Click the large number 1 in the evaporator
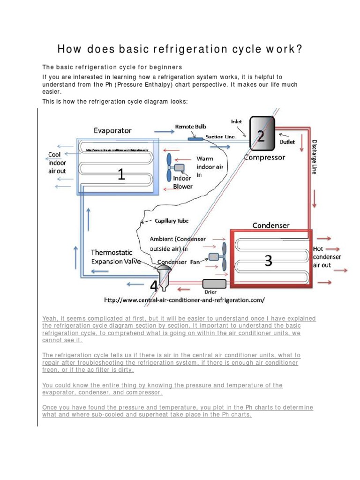(x=121, y=175)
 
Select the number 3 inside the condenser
(x=268, y=261)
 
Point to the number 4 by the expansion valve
(x=153, y=285)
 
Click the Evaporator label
(x=112, y=130)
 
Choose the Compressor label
(x=264, y=157)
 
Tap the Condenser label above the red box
(x=271, y=225)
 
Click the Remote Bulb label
(x=190, y=127)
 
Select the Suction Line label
(x=221, y=137)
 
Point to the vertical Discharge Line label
(x=315, y=157)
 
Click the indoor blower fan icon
(x=173, y=167)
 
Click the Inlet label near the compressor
(x=237, y=121)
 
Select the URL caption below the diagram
(x=184, y=299)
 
